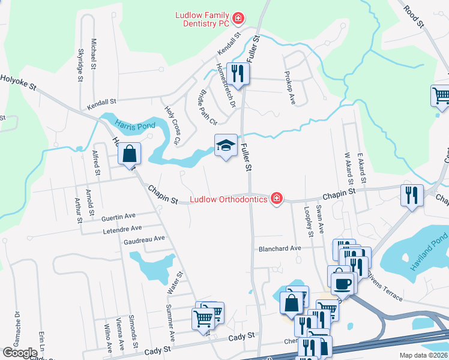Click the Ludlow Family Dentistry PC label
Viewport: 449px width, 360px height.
203,19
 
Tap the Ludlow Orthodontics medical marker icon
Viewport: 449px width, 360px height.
276,198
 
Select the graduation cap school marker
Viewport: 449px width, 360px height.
226,145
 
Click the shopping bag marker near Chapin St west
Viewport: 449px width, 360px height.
129,154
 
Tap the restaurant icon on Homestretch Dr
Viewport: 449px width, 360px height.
238,73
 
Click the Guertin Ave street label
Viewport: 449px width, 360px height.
119,215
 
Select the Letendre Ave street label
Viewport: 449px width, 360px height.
122,228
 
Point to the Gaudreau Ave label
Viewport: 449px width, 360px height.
143,239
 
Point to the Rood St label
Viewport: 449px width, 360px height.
414,17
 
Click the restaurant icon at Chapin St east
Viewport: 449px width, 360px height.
412,195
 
